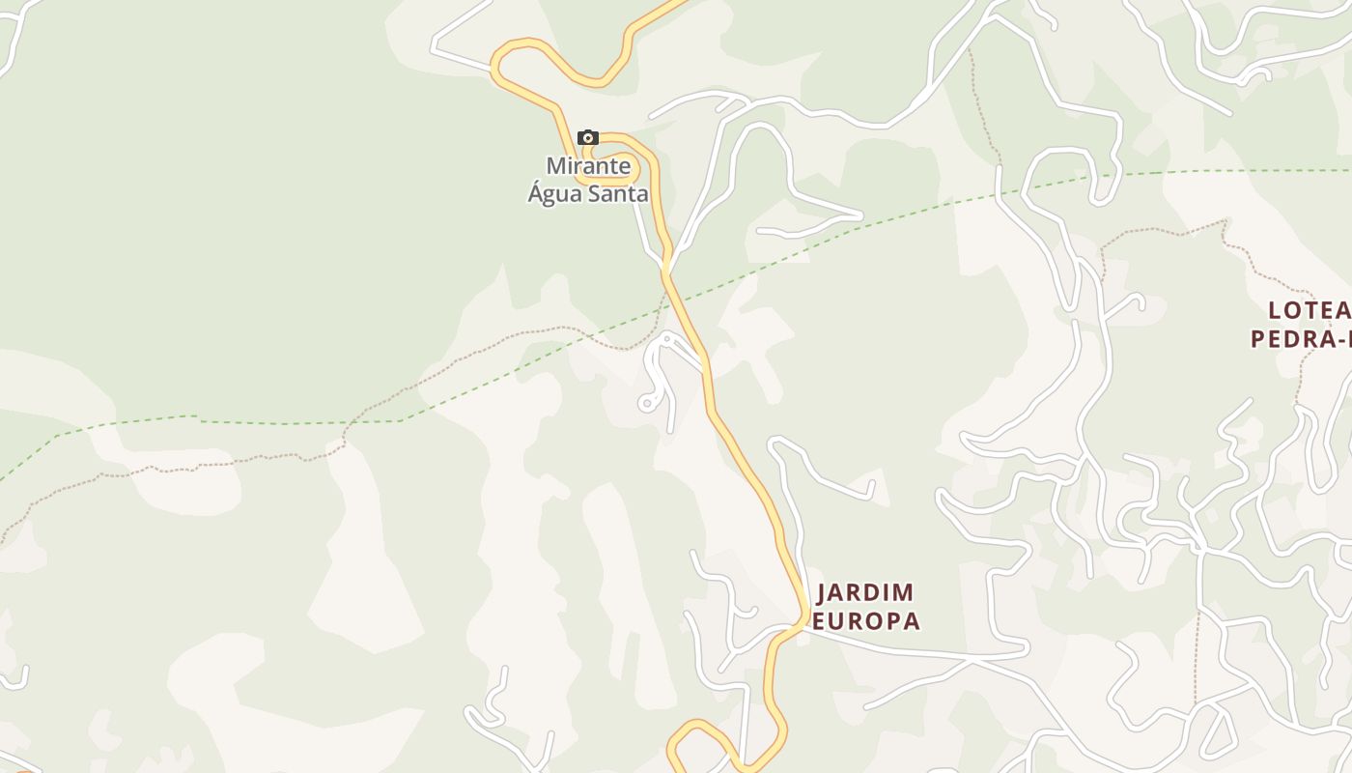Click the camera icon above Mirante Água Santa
[588, 138]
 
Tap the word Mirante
[588, 166]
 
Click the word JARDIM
[865, 592]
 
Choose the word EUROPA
[865, 621]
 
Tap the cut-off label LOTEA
[1309, 310]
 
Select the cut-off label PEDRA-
[1301, 339]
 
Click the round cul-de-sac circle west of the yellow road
[647, 403]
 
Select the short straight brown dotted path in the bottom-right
[1197, 657]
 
